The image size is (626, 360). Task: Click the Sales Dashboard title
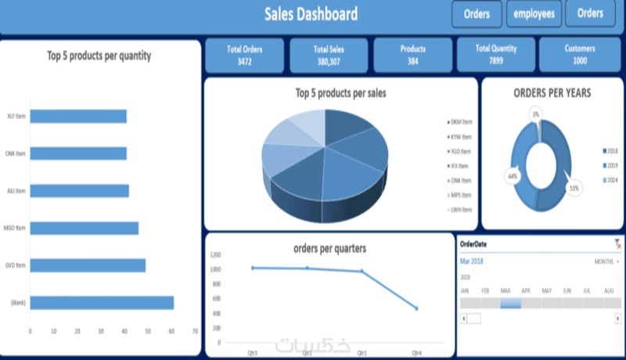tap(311, 14)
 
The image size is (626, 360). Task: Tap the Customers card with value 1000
tap(580, 55)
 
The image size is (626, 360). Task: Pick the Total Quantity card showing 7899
tap(496, 55)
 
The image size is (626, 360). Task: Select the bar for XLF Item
tap(78, 117)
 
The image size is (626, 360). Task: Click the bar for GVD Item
tap(88, 265)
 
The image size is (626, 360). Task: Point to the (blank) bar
tap(102, 303)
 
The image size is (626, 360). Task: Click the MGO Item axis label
tap(16, 229)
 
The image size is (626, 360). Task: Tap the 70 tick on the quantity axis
tap(195, 331)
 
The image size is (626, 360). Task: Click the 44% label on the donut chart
tap(513, 176)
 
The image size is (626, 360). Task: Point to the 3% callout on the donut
tap(535, 114)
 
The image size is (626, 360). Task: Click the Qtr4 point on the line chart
tap(416, 308)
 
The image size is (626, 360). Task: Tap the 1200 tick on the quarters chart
tap(215, 255)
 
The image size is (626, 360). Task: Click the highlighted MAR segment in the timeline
tap(510, 303)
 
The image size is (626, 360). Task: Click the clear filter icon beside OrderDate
tap(618, 245)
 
